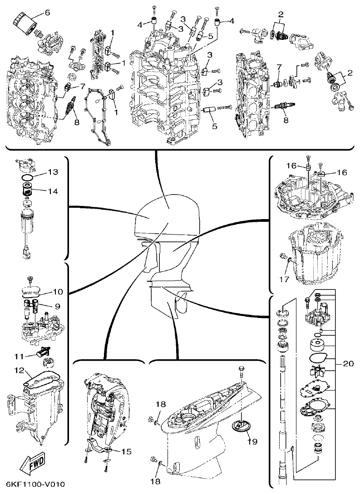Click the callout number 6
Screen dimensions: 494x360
(x=47, y=13)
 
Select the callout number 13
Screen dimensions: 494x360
(x=53, y=172)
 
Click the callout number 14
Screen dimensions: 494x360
(x=53, y=191)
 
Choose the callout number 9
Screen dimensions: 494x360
(x=58, y=306)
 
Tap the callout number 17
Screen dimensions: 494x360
(x=283, y=280)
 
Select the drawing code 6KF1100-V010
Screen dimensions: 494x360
(x=33, y=484)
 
